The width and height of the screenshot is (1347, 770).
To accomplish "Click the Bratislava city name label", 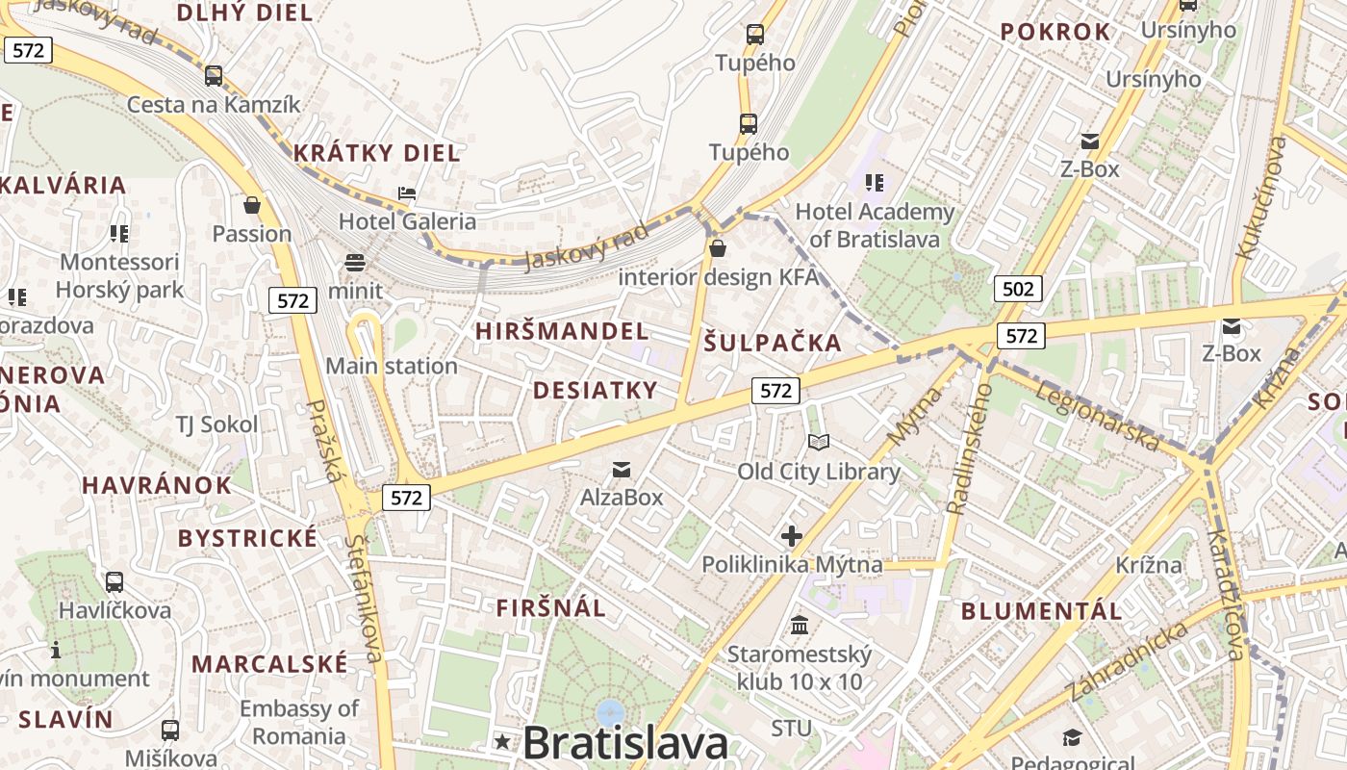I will click(x=625, y=743).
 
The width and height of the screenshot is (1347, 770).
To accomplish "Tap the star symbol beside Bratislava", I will click(x=502, y=742).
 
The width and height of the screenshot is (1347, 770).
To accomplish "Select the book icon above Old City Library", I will click(x=819, y=442).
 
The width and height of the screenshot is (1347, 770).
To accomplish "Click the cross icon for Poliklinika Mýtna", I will click(x=792, y=536).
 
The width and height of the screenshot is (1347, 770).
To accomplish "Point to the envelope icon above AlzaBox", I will click(x=622, y=470).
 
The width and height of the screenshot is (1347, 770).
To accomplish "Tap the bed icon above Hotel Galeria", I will click(x=407, y=193).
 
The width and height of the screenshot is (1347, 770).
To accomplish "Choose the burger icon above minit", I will click(x=354, y=263).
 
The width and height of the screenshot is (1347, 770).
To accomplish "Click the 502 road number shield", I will click(x=1018, y=289).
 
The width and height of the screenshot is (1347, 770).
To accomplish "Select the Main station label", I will click(x=391, y=366).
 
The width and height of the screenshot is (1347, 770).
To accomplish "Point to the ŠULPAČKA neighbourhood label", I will click(x=773, y=343).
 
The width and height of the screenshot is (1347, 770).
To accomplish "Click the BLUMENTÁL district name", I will click(x=1041, y=611).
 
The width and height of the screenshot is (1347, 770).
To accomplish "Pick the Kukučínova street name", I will click(x=1261, y=197).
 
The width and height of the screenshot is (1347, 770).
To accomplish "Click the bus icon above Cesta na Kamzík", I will click(x=214, y=76).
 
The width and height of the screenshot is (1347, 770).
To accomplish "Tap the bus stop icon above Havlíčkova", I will click(x=114, y=582).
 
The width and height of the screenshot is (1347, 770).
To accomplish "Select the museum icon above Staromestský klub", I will click(x=800, y=626).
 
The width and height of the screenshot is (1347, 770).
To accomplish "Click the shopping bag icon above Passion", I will click(x=252, y=205).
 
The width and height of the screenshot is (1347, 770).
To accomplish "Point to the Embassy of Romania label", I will click(x=299, y=723).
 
